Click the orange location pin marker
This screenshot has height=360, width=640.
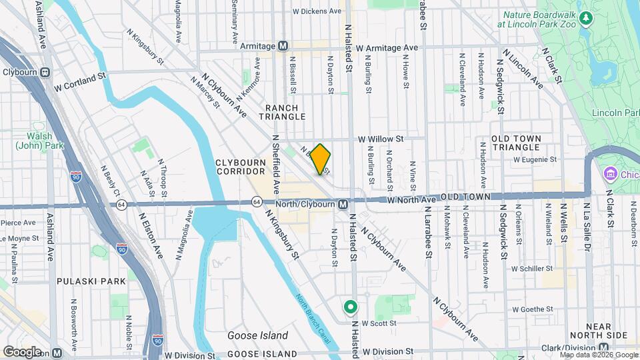(321, 159)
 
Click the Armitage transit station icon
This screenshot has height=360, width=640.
(283, 46)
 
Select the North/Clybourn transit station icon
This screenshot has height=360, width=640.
(342, 203)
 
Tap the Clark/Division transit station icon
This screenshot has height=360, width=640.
(604, 347)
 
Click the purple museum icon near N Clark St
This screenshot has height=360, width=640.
(609, 174)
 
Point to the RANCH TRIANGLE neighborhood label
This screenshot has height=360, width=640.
(285, 112)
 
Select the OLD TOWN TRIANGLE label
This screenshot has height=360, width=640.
(525, 142)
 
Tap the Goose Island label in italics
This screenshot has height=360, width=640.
(258, 335)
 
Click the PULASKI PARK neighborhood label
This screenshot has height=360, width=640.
(91, 281)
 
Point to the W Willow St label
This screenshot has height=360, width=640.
(381, 139)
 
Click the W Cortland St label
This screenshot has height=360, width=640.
(81, 87)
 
